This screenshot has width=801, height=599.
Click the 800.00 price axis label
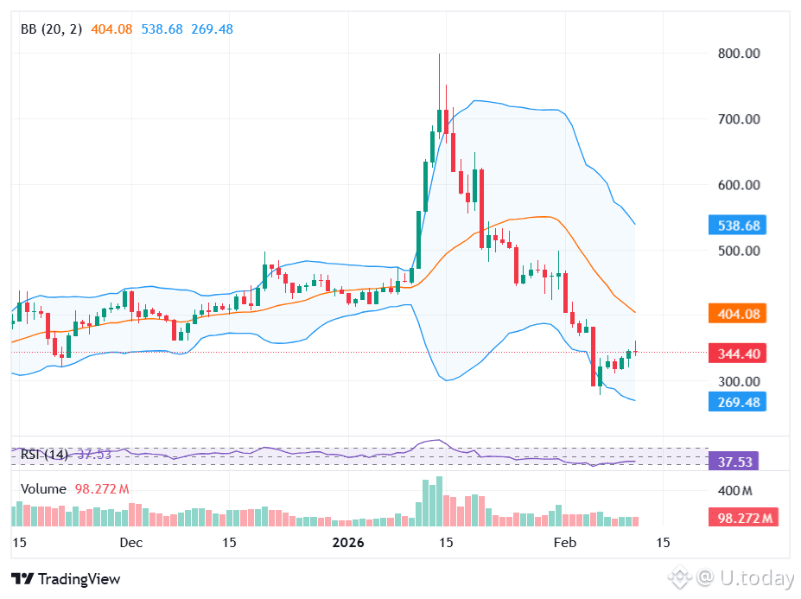point(738,54)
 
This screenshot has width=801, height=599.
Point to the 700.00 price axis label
point(738,119)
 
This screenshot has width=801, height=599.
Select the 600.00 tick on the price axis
point(738,185)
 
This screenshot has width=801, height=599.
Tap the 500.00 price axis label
point(738,251)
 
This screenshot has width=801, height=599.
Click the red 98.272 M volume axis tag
point(743,519)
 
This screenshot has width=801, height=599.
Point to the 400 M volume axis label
point(735,491)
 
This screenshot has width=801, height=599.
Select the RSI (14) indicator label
point(44,455)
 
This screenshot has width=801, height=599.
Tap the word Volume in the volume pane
point(43,489)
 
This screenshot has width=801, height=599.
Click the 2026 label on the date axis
point(348,544)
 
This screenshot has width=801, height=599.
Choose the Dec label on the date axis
point(130,544)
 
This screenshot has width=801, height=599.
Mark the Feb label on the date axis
point(564,544)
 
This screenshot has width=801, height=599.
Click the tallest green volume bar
point(439,501)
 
